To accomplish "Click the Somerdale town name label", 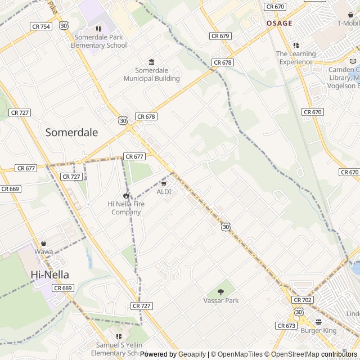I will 71,133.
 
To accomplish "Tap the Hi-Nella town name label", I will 50,274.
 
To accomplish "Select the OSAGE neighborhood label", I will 279,23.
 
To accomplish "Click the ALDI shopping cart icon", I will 164,183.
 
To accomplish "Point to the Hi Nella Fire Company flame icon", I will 126,196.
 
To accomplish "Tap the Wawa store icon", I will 43,244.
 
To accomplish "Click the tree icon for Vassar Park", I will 220,292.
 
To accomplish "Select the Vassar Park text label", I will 221,300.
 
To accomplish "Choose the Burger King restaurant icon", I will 318,322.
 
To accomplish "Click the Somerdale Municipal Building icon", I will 151,62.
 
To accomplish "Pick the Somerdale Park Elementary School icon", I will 98,29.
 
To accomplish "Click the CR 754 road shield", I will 40,26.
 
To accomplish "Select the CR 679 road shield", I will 220,36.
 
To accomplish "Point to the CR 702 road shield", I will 303,300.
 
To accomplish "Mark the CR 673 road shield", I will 285,326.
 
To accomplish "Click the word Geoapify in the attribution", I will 192,354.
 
